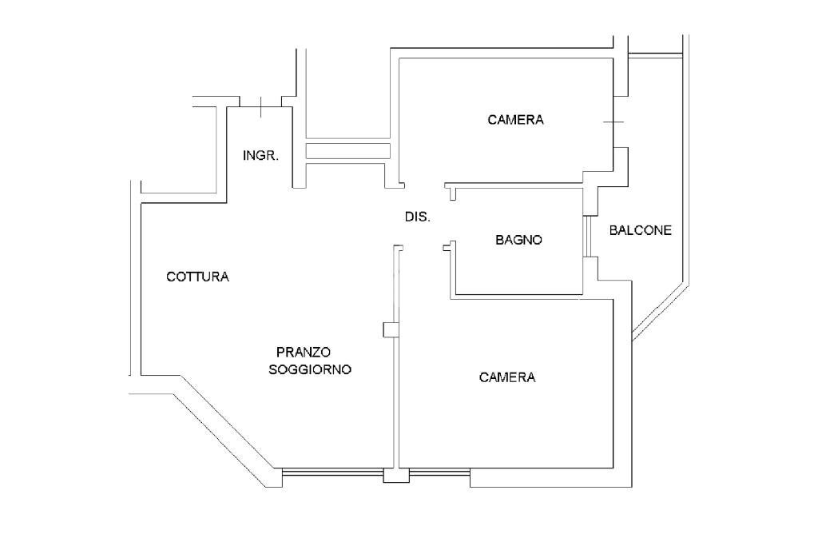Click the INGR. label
[260, 156]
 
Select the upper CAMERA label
[515, 120]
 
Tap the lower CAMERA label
[507, 377]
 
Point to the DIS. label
[418, 217]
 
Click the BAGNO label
[518, 239]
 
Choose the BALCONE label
[640, 230]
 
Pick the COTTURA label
[197, 277]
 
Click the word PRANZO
[304, 352]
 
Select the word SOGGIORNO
[310, 370]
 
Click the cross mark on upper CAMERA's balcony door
[612, 122]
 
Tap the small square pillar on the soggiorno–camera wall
[390, 329]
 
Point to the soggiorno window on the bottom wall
[332, 474]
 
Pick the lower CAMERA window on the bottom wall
[439, 474]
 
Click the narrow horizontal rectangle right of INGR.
[347, 151]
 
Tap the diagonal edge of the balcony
[659, 313]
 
